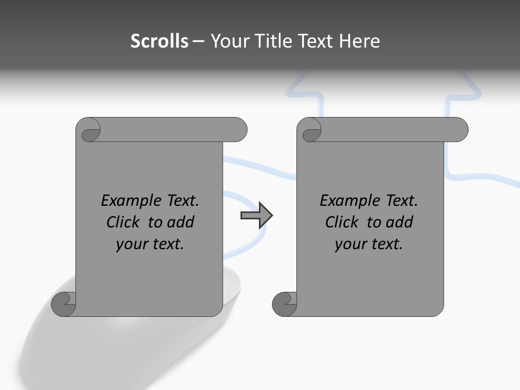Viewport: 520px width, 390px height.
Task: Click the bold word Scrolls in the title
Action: (x=159, y=41)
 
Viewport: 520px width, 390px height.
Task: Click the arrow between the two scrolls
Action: (x=256, y=216)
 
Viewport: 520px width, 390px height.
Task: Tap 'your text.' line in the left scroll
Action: (x=150, y=244)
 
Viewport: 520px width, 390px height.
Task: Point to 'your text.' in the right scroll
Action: (x=369, y=244)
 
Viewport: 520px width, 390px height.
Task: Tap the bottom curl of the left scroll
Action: (x=64, y=304)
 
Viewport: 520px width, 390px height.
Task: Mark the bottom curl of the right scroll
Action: (x=285, y=304)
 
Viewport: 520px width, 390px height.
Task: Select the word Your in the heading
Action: (x=230, y=41)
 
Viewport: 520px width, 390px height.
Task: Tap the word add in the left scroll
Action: (x=181, y=223)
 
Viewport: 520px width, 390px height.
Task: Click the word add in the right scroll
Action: (x=400, y=223)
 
